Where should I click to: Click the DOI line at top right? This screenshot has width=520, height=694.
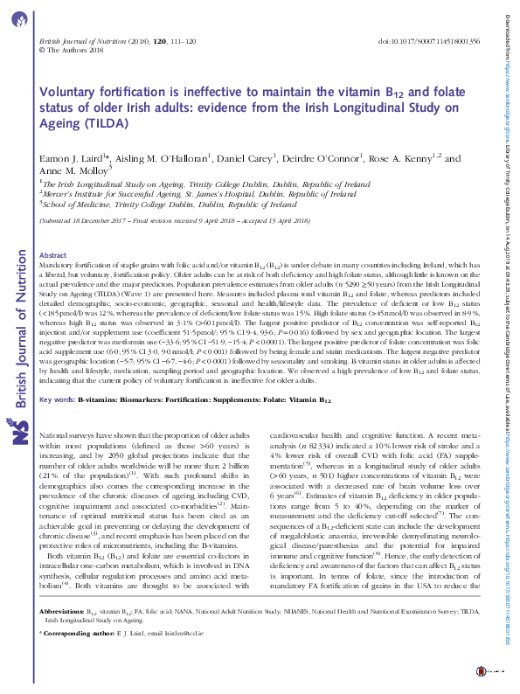click(x=428, y=41)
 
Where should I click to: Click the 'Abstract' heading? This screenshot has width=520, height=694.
click(x=54, y=255)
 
